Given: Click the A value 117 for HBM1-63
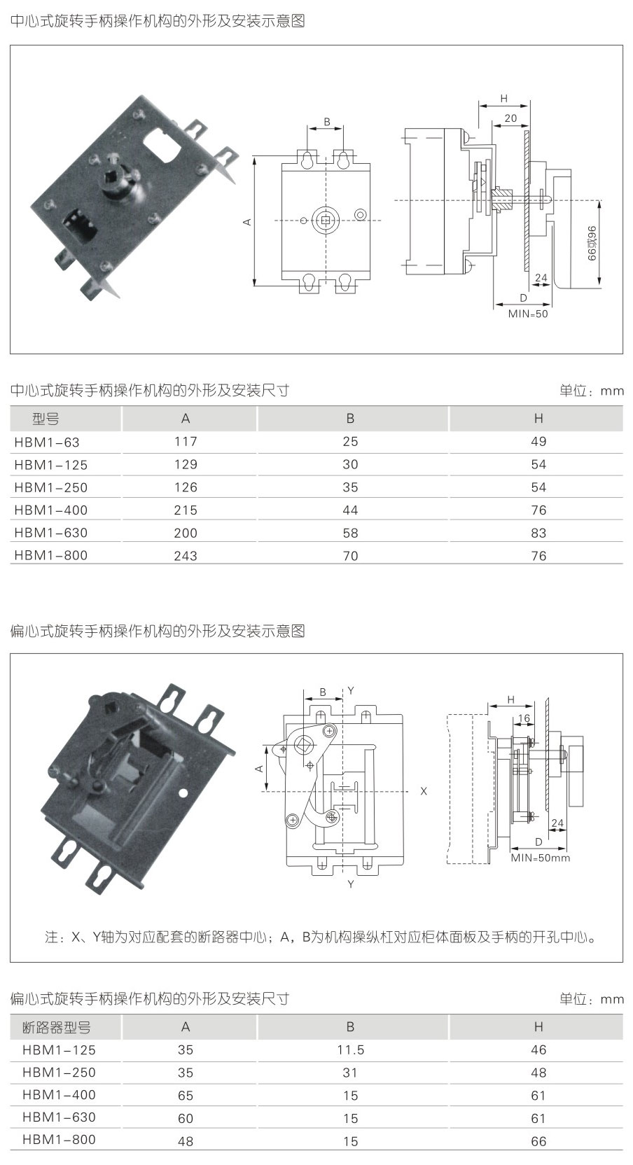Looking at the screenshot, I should tap(186, 442).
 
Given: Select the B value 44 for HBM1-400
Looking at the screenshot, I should tap(350, 510).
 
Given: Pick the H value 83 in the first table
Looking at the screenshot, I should tap(538, 533).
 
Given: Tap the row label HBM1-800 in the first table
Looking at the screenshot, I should tap(50, 555).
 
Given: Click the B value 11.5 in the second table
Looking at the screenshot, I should tap(350, 1050).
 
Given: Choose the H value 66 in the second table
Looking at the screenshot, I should tap(538, 1141).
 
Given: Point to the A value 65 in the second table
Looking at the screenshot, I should tap(186, 1096).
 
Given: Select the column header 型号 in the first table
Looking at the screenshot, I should tap(46, 419).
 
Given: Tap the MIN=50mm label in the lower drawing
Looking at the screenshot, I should tap(540, 858).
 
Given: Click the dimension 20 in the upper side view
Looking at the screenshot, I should tap(510, 118).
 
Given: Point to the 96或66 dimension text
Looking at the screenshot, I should tap(591, 243).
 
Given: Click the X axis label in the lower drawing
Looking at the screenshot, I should tap(424, 791).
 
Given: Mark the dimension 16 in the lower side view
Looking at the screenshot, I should tap(524, 719).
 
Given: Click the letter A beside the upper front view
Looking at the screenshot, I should tap(246, 222).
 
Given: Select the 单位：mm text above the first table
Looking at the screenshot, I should tap(591, 391).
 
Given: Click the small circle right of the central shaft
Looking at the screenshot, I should tap(361, 214).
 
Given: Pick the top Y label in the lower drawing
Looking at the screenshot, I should tap(351, 691).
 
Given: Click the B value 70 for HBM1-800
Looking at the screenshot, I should tap(350, 556).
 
